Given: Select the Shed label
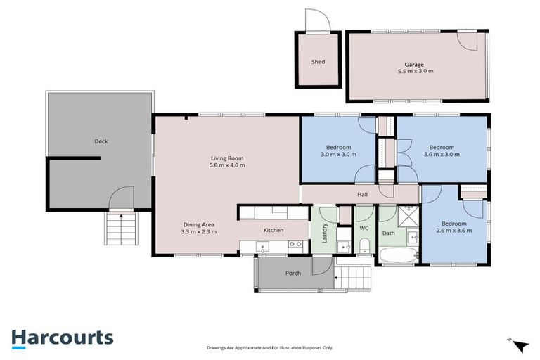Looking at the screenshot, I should pos(318,62).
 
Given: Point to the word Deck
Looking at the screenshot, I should pos(101,141).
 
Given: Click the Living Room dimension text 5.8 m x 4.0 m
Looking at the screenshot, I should pos(228,165).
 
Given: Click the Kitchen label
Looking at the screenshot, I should pos(273,230).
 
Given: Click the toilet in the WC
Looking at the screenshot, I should pos(365,245).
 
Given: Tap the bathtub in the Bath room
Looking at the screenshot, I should pos(399,255).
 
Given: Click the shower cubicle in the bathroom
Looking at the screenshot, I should pos(407,212).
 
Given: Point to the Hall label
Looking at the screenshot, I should pos(362,194).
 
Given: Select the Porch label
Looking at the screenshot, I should pos(293,273).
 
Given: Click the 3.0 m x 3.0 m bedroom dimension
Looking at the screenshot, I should pos(336,154).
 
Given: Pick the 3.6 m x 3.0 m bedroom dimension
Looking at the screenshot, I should pos(442,154).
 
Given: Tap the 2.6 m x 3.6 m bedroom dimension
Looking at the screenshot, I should pos(454,230).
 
